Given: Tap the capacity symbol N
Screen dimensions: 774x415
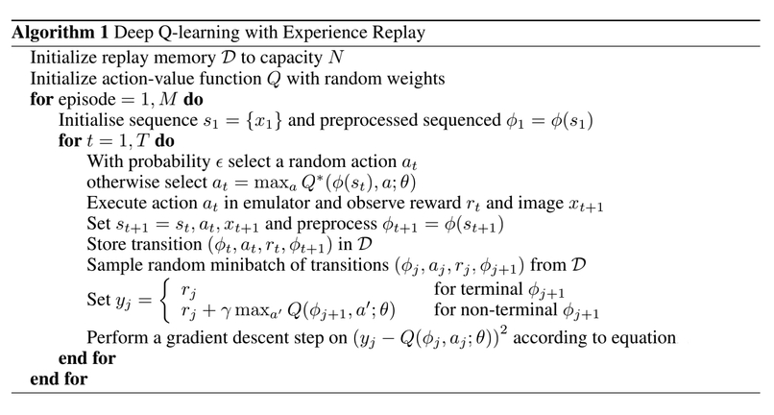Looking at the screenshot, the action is (x=336, y=58).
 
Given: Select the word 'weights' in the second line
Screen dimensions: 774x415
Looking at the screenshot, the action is (x=416, y=79).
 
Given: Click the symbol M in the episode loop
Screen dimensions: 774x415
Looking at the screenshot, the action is (x=168, y=99).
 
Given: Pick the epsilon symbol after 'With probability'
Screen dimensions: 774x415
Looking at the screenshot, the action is (x=219, y=163).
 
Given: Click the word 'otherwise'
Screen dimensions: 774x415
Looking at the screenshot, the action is (x=119, y=183).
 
